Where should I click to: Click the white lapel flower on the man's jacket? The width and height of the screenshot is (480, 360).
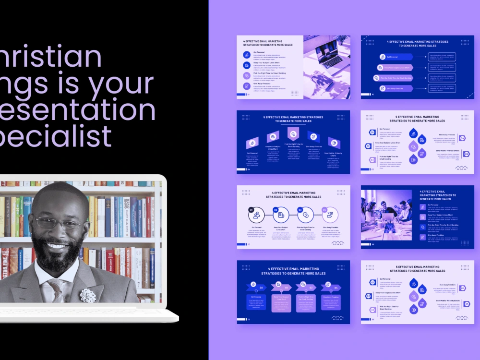(x=88, y=295)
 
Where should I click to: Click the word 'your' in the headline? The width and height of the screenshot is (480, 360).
(x=126, y=83)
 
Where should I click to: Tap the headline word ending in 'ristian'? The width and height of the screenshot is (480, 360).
(x=53, y=57)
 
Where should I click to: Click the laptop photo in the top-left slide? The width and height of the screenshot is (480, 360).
(x=326, y=67)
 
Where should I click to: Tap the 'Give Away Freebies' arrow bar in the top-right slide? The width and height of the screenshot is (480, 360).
(x=394, y=88)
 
